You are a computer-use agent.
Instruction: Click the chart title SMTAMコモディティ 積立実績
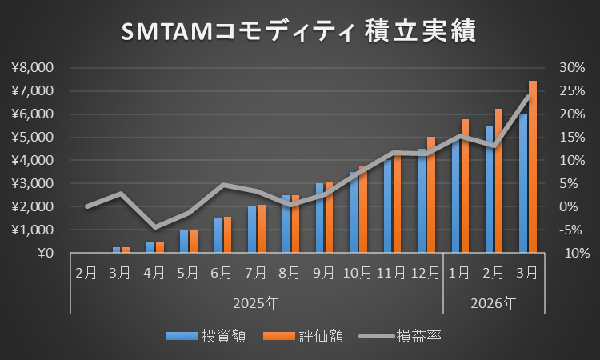click(299, 31)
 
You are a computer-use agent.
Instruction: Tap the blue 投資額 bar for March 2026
click(523, 183)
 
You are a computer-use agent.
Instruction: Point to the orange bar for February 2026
click(498, 181)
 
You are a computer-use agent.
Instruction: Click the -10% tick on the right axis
click(570, 253)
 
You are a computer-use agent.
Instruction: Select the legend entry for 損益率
click(405, 336)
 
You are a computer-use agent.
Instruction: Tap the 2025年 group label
click(257, 303)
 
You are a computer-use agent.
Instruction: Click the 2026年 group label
click(494, 303)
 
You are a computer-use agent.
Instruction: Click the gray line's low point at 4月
click(154, 228)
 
